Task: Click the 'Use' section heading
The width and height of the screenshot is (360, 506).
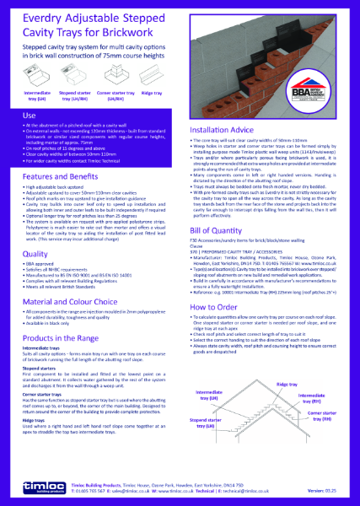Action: tap(29, 114)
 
